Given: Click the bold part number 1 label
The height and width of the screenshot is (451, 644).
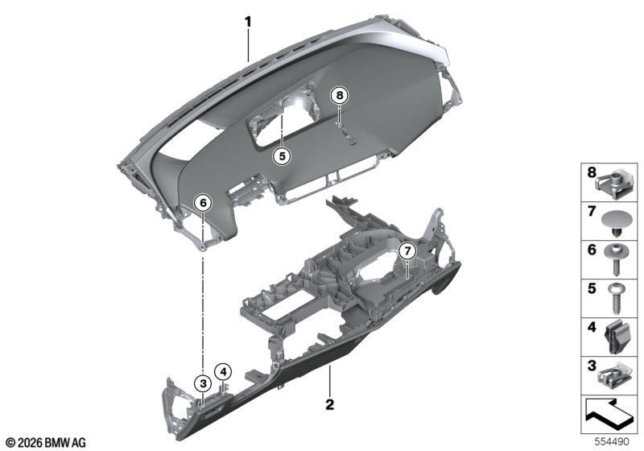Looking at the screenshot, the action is point(248,22).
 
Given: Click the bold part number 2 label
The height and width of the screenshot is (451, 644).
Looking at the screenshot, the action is point(329,404).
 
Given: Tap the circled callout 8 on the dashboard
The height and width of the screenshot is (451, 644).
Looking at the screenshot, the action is point(339,96).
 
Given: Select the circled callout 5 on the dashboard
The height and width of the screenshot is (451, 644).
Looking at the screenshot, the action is point(282,156).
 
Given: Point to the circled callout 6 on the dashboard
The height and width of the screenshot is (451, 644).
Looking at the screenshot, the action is point(204,202).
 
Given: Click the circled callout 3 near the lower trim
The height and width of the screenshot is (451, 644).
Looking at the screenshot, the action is point(203,384).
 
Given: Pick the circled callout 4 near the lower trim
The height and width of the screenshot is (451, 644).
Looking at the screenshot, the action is point(223,372).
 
